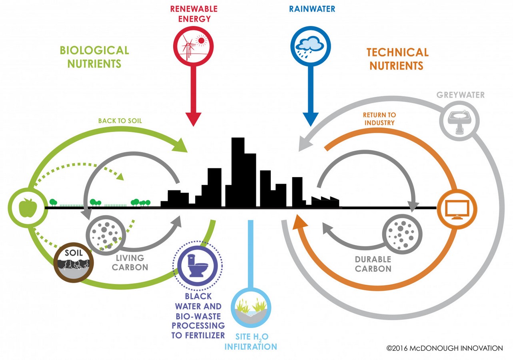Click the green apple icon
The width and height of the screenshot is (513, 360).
(x=28, y=208)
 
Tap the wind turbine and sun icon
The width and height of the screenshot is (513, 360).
(x=194, y=46)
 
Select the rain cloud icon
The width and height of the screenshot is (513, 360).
(x=311, y=46)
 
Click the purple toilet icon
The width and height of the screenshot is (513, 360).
(x=198, y=266)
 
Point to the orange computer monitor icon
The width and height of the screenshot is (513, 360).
(x=457, y=209)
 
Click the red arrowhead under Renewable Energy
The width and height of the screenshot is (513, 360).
(x=194, y=119)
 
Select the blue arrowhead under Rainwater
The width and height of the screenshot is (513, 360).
(x=311, y=119)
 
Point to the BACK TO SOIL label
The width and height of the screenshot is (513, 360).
(x=120, y=121)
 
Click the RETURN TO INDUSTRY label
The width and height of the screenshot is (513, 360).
(x=379, y=119)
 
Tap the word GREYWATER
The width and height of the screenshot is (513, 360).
(x=460, y=95)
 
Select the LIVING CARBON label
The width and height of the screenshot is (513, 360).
(x=130, y=263)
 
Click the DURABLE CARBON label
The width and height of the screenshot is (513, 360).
(x=373, y=264)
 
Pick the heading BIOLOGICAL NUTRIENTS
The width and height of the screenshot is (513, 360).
(x=94, y=57)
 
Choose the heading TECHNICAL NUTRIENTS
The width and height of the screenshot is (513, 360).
(x=397, y=59)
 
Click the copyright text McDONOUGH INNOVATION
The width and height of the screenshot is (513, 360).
(x=456, y=348)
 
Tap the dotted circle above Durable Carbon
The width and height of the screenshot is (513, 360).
(x=402, y=234)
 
